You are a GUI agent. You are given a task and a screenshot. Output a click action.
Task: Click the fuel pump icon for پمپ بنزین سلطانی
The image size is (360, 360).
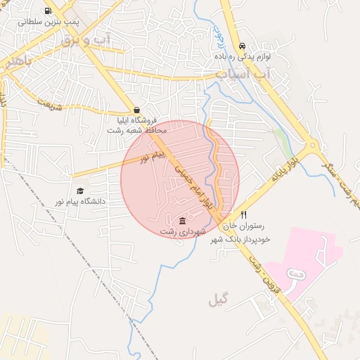click(x=48, y=11)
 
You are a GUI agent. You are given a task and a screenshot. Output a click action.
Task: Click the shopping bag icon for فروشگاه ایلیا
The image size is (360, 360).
click(x=136, y=110)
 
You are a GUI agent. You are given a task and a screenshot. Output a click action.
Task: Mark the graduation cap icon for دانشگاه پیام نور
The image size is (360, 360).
click(x=80, y=191)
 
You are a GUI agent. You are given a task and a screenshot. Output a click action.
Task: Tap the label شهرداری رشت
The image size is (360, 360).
click(x=182, y=231)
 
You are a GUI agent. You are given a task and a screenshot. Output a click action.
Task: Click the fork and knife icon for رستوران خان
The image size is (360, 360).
click(x=243, y=215)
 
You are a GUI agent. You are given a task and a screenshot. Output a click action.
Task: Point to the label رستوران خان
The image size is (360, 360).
click(x=243, y=226)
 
